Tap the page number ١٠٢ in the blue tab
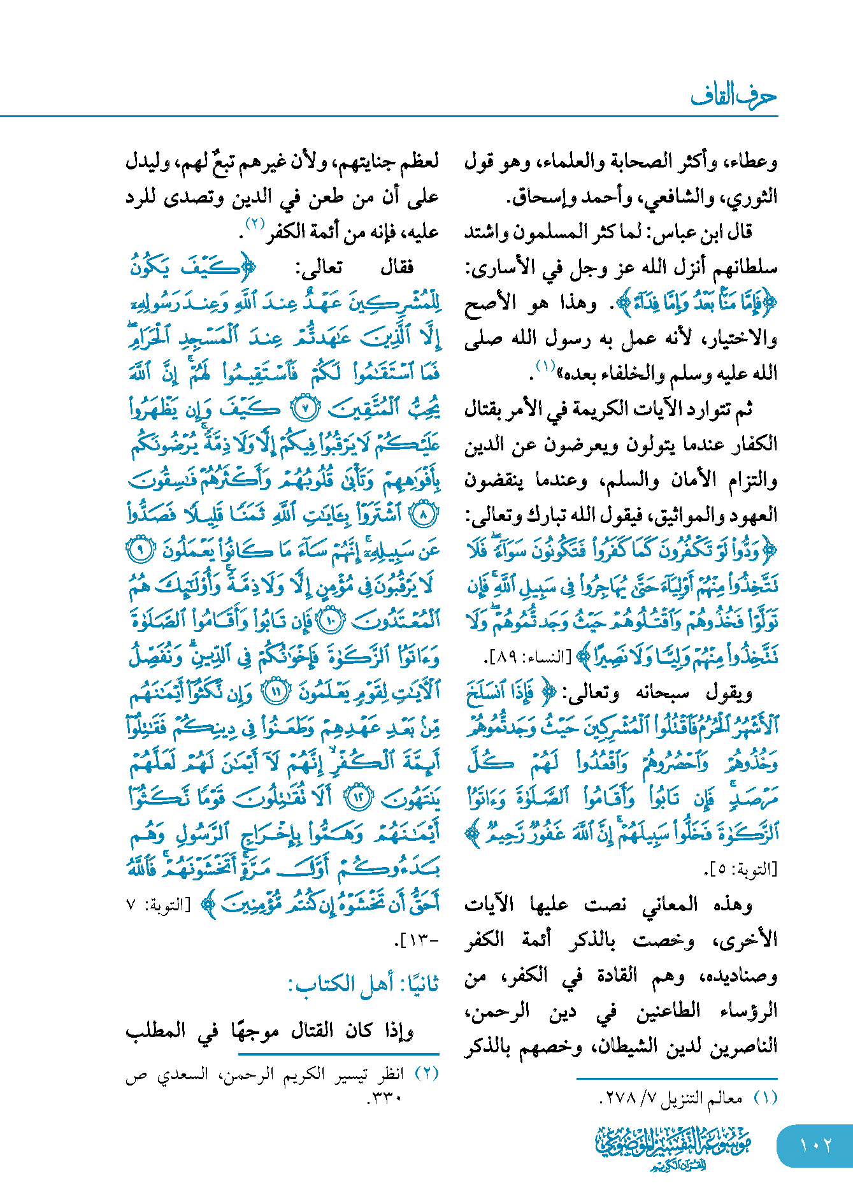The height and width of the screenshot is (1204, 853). click(x=815, y=1145)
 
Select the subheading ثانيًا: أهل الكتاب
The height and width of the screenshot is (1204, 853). click(x=363, y=984)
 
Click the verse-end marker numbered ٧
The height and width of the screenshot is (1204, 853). click(x=308, y=408)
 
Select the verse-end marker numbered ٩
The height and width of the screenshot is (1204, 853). click(x=141, y=549)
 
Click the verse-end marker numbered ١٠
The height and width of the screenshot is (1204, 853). click(x=331, y=620)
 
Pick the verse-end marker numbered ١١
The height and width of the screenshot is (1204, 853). click(x=276, y=691)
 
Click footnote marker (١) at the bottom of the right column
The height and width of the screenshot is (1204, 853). click(x=765, y=1098)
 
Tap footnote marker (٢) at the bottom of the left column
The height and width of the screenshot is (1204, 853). click(x=427, y=1074)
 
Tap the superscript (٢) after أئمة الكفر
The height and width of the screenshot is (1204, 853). click(x=255, y=225)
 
